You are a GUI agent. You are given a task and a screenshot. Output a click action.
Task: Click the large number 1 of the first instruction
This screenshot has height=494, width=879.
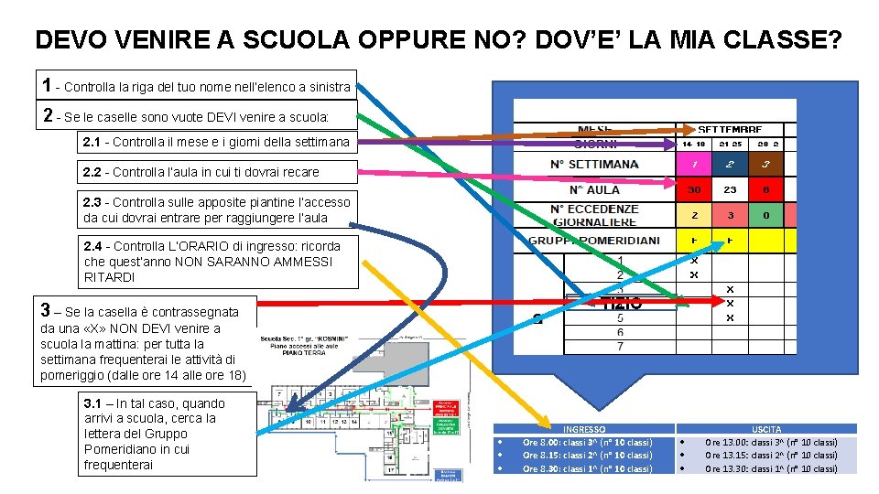click(x=47, y=86)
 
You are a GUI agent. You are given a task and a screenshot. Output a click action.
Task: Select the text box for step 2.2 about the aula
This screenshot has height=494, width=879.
click(x=201, y=171)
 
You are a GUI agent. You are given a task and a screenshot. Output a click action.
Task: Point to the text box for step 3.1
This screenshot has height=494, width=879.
click(x=166, y=434)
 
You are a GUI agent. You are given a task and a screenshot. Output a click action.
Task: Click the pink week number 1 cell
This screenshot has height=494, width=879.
click(x=696, y=165)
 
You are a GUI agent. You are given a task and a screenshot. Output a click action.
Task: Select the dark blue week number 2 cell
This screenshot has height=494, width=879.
click(x=730, y=165)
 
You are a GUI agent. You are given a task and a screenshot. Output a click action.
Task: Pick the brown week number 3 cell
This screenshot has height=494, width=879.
click(x=765, y=165)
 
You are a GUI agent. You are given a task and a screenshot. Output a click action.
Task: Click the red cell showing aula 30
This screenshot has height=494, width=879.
click(x=695, y=190)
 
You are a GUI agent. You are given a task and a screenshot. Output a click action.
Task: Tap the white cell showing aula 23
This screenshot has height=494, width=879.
click(x=730, y=190)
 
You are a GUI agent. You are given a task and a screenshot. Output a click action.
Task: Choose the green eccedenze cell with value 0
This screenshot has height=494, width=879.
click(x=765, y=216)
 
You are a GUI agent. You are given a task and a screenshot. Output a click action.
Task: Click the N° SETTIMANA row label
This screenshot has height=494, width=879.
click(x=594, y=165)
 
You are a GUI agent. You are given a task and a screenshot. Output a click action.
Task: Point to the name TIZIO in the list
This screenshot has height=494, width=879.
click(x=622, y=304)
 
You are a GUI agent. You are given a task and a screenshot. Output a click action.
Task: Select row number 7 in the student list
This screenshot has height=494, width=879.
click(x=620, y=347)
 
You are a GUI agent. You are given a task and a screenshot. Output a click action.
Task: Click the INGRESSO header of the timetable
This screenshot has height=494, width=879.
click(x=584, y=428)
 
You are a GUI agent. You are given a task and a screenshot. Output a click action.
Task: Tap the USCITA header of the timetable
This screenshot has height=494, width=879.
click(x=766, y=428)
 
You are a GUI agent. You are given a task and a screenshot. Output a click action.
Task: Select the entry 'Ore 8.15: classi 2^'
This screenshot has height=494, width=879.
click(x=587, y=455)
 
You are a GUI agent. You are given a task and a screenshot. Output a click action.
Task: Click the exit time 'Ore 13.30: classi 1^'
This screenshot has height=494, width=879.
click(x=771, y=468)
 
